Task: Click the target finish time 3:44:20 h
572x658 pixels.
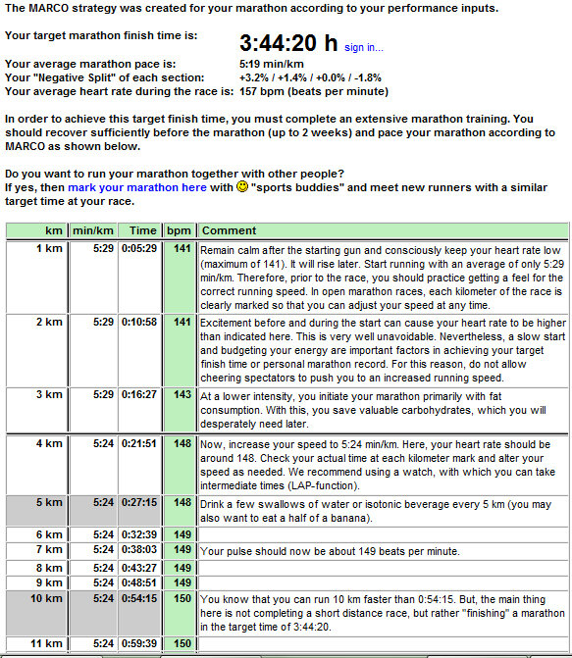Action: pyautogui.click(x=289, y=44)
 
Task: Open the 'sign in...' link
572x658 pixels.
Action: pyautogui.click(x=364, y=47)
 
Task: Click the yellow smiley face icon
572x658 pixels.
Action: pyautogui.click(x=243, y=187)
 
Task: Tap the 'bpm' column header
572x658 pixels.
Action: pyautogui.click(x=179, y=230)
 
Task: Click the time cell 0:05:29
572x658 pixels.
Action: pyautogui.click(x=139, y=249)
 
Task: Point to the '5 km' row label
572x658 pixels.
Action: pyautogui.click(x=48, y=502)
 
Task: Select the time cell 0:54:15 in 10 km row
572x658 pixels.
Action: pyautogui.click(x=139, y=598)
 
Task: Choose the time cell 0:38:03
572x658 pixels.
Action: pyautogui.click(x=139, y=551)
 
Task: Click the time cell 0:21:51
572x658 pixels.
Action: pyautogui.click(x=139, y=443)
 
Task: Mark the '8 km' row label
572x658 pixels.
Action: pyautogui.click(x=48, y=567)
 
